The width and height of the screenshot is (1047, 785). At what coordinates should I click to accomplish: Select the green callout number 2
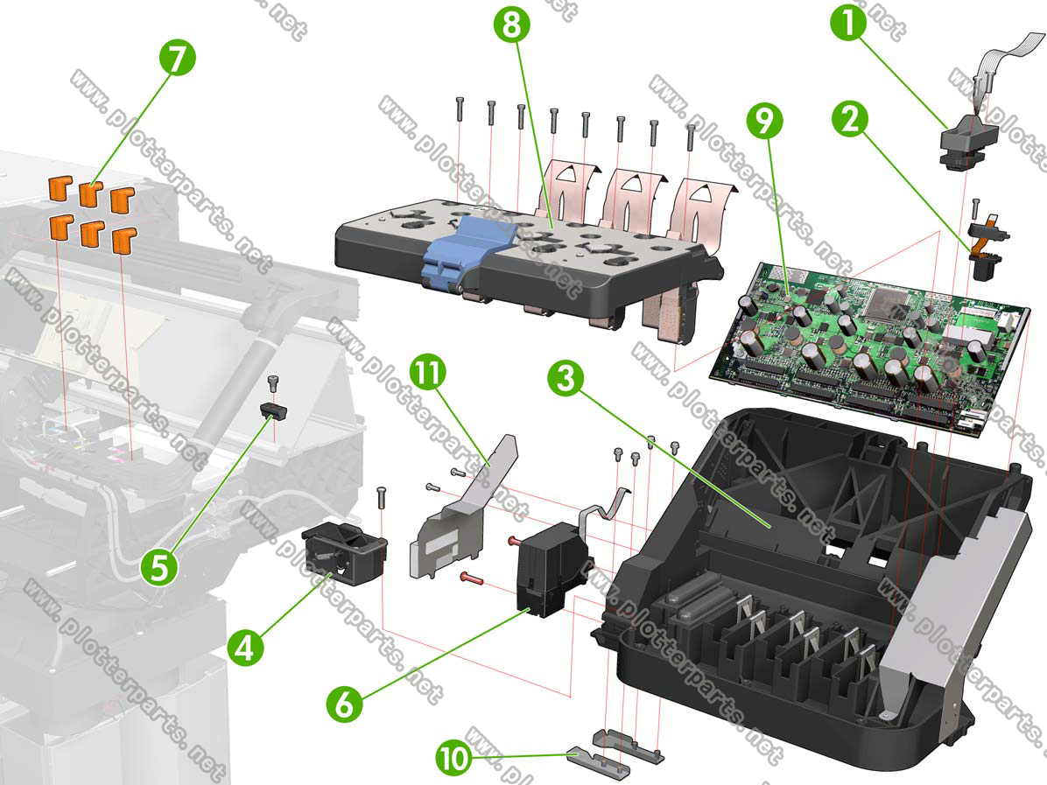coord(850,120)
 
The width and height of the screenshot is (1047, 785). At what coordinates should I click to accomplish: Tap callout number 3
coord(566,379)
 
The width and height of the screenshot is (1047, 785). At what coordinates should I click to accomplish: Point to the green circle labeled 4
coord(245,648)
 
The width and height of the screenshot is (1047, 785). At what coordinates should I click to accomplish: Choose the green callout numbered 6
coord(345,703)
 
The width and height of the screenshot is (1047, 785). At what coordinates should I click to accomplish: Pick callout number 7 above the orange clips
coord(178,59)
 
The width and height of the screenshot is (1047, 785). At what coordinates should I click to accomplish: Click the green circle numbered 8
coord(511,26)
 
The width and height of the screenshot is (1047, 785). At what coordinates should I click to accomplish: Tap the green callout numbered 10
coord(454,758)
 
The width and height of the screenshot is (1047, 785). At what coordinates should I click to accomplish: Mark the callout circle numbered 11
coord(428,372)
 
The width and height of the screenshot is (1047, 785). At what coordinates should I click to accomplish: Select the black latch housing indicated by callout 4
coord(345,554)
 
